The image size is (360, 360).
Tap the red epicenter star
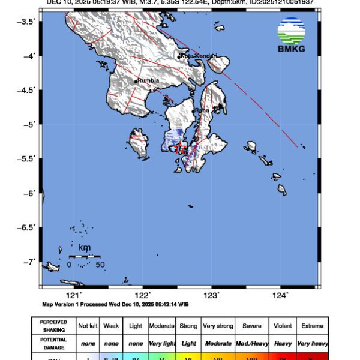179,149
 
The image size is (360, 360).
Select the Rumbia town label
147,80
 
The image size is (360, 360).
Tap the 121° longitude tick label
73,294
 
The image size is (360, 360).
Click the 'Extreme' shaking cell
312,326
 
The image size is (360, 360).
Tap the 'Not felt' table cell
88,326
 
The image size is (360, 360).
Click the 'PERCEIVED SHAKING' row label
53,326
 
